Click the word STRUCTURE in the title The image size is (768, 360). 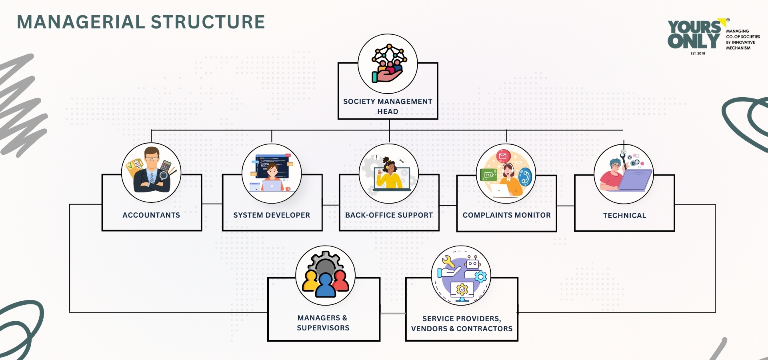(x=208, y=22)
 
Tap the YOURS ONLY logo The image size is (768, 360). (x=694, y=35)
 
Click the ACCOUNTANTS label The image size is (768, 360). (x=151, y=215)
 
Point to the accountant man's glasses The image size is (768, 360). (x=152, y=158)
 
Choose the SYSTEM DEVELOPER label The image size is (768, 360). (x=272, y=215)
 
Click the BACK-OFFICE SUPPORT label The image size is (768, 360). (x=389, y=215)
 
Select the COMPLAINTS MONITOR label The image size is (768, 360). (x=506, y=215)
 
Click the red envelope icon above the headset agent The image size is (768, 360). (x=503, y=156)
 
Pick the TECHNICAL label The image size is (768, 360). (x=624, y=216)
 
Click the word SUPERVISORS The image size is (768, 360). (x=323, y=328)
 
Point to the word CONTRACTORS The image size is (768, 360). (x=484, y=329)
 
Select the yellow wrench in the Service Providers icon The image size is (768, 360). (x=448, y=262)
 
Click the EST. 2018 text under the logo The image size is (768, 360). (x=698, y=53)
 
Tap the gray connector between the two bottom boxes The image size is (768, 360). (x=392, y=314)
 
